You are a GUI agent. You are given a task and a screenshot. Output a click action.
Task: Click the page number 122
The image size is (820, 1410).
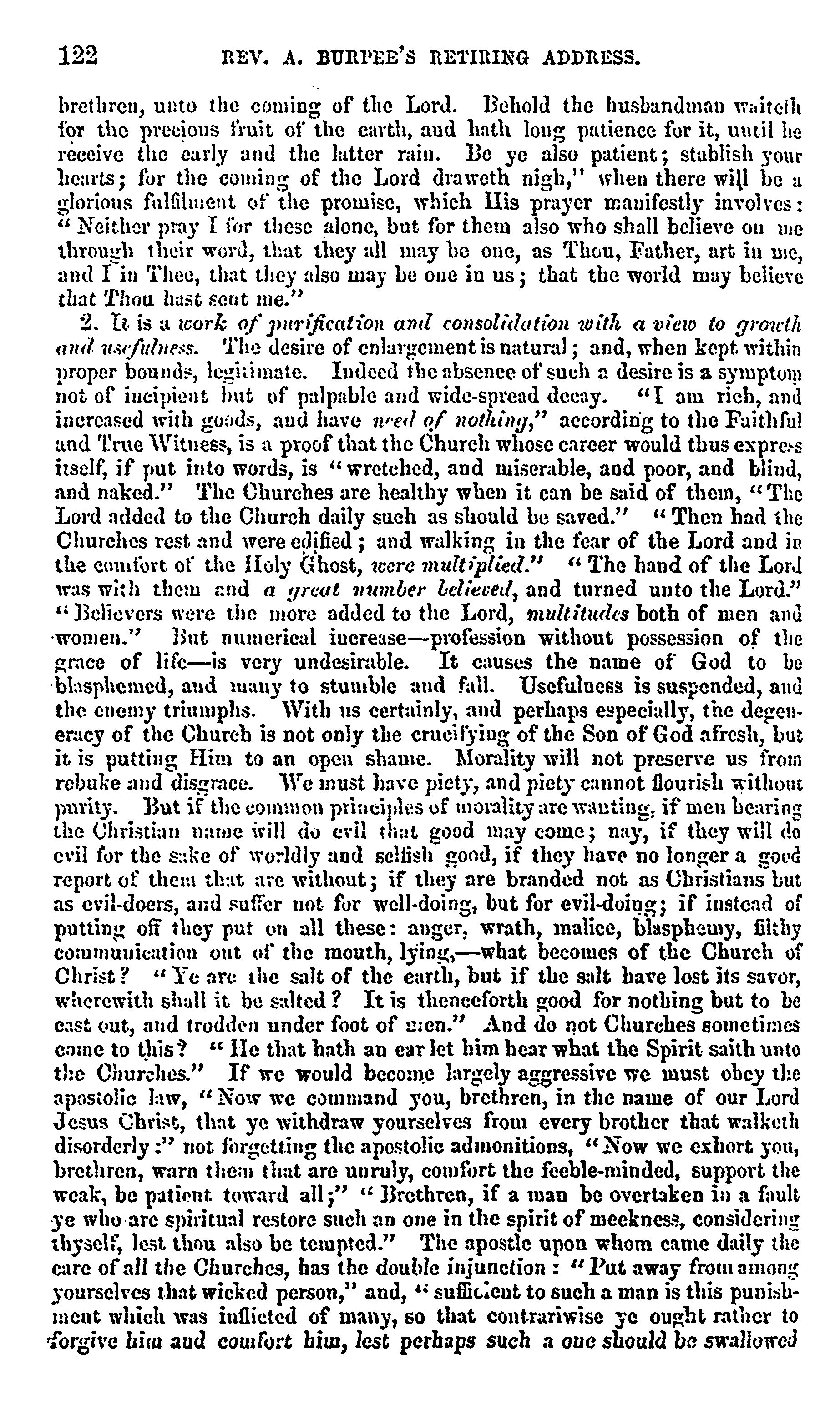coord(78,56)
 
